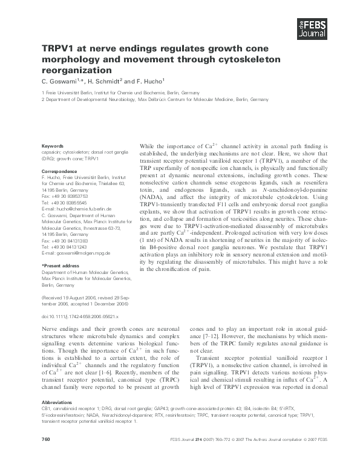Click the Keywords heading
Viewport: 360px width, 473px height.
[x=52, y=146]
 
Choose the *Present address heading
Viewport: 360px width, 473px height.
[x=61, y=266]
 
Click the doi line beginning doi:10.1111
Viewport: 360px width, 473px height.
[x=79, y=316]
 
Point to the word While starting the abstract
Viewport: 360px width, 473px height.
[x=149, y=146]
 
